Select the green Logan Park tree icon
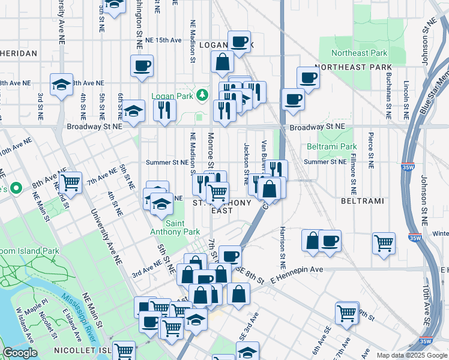point(203,94)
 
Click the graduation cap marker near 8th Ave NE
point(61,85)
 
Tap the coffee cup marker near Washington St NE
point(142,65)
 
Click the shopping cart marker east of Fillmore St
point(384,243)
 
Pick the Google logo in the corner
point(20,353)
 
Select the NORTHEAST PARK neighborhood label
point(353,67)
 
